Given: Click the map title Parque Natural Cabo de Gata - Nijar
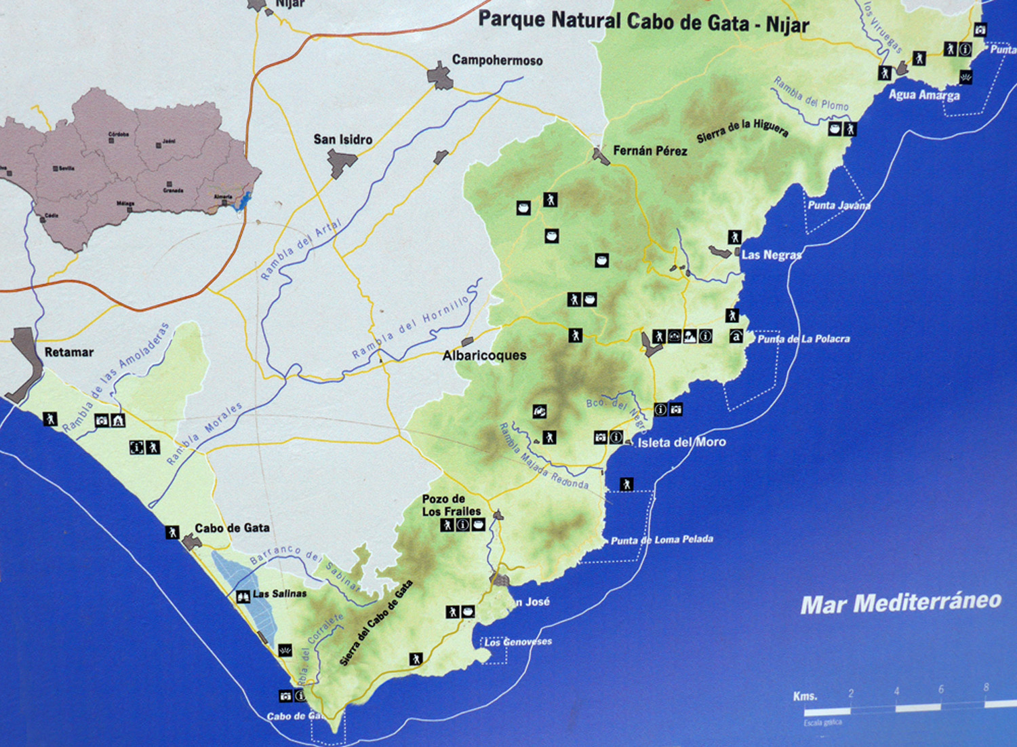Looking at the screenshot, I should pyautogui.click(x=643, y=22).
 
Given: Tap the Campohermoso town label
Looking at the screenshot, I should pyautogui.click(x=497, y=60).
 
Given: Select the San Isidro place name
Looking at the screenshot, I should pyautogui.click(x=342, y=139).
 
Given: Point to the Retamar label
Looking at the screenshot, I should pyautogui.click(x=68, y=352).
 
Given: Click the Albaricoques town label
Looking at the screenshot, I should pyautogui.click(x=484, y=356).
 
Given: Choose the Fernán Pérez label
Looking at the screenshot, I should pyautogui.click(x=650, y=151).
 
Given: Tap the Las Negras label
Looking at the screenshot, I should pyautogui.click(x=771, y=255).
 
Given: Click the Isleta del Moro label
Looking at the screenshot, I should pyautogui.click(x=681, y=442).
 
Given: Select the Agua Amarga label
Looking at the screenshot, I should pyautogui.click(x=923, y=95).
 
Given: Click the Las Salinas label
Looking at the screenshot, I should pyautogui.click(x=279, y=594).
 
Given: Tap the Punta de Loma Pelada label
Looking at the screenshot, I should pyautogui.click(x=662, y=540).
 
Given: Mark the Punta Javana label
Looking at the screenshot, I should pyautogui.click(x=839, y=205).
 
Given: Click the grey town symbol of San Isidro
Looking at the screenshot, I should pyautogui.click(x=342, y=163).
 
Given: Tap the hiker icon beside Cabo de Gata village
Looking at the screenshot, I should pyautogui.click(x=172, y=532).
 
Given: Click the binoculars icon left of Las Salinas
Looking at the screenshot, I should pyautogui.click(x=243, y=597).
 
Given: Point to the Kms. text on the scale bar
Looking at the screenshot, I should pyautogui.click(x=805, y=696).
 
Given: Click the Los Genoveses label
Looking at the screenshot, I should pyautogui.click(x=517, y=642).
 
